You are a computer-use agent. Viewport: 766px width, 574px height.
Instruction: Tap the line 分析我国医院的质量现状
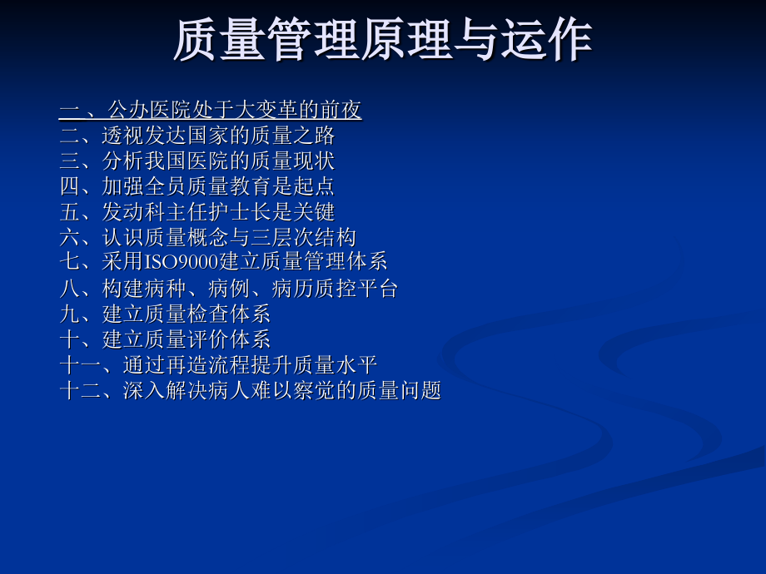point(219,161)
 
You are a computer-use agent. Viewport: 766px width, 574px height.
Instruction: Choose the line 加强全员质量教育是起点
point(219,186)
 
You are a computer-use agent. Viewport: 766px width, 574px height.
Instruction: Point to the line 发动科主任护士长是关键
point(219,211)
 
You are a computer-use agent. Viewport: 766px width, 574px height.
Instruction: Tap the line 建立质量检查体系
point(187,314)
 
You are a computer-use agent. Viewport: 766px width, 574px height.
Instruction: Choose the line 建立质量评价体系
point(187,339)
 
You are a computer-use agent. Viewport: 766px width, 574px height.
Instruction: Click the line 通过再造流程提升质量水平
point(250,365)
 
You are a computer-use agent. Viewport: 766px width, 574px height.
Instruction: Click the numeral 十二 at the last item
point(80,390)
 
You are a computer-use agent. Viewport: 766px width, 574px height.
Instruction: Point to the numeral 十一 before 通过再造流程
point(80,365)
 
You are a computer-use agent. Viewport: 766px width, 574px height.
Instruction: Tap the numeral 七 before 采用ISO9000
point(69,263)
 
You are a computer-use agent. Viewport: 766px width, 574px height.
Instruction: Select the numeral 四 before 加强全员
point(69,186)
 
